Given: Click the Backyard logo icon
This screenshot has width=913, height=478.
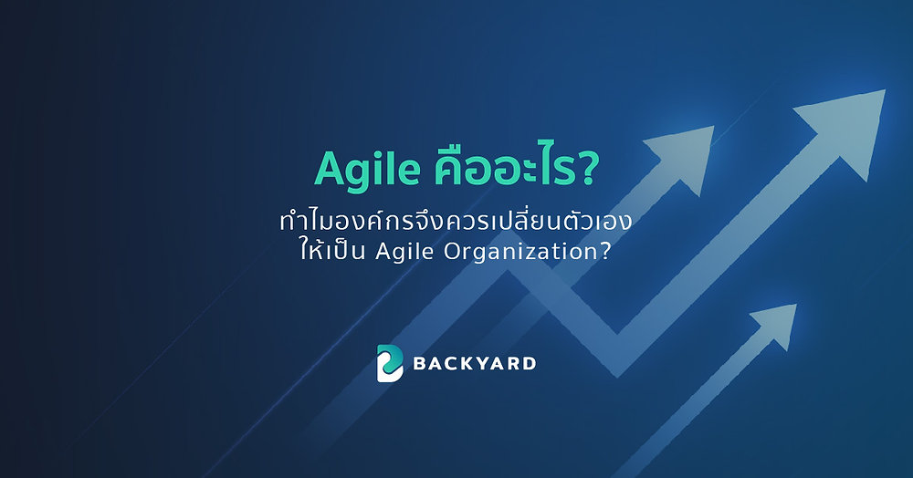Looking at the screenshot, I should pos(390,363).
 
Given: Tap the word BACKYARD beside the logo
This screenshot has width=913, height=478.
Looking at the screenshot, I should pos(475,364).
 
